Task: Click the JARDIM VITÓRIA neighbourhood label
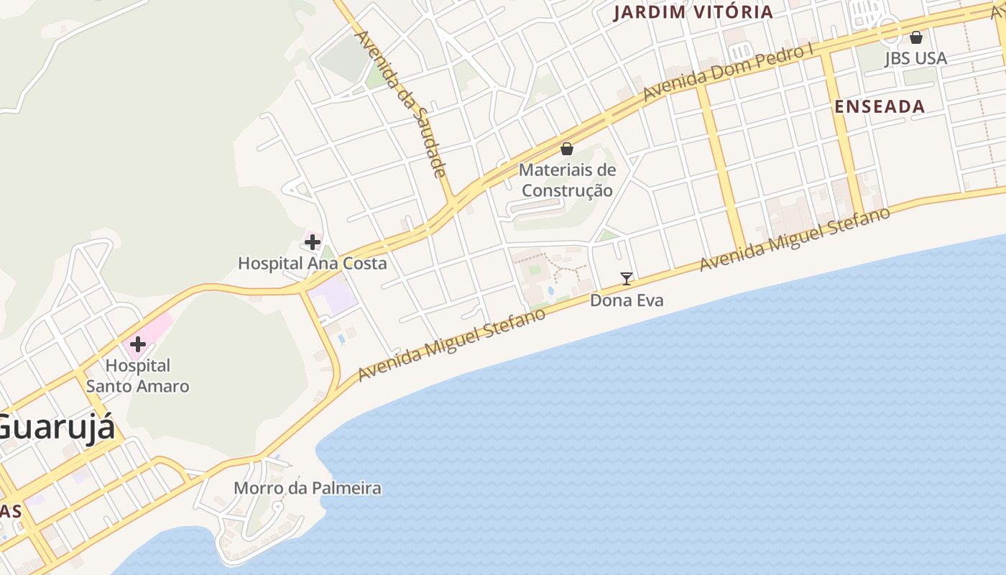(693, 12)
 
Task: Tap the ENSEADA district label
(880, 107)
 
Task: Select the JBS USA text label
(915, 58)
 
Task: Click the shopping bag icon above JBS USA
(916, 37)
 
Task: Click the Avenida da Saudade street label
(402, 103)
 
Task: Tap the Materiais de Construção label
(567, 180)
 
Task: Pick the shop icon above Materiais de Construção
(567, 149)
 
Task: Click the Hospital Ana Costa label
(312, 263)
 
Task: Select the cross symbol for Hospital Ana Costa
(312, 242)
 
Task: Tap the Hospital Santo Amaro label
(137, 376)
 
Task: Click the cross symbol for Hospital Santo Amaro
(137, 344)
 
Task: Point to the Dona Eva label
(627, 300)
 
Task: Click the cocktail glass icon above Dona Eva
(627, 279)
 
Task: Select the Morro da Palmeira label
(307, 489)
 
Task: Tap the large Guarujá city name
(54, 428)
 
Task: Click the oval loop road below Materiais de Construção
(535, 209)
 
